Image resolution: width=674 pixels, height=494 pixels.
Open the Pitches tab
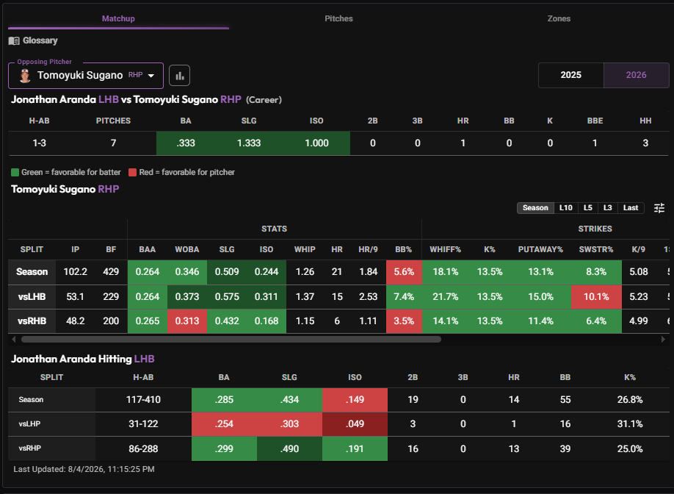coord(338,18)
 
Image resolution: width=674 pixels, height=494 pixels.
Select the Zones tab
coord(559,18)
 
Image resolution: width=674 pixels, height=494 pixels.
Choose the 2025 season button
coord(570,75)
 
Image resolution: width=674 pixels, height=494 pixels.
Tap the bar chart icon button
coord(180,76)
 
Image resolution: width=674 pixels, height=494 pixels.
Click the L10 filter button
coord(565,208)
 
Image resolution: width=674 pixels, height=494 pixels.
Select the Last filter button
coord(631,208)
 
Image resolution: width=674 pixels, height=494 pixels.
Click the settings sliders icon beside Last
coord(659,208)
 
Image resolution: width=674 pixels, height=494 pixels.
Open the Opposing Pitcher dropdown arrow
coord(151,75)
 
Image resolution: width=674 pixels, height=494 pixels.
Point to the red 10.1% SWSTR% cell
coord(596,296)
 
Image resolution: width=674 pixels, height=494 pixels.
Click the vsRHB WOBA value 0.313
coord(187,321)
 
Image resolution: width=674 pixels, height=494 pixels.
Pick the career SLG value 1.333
coord(249,143)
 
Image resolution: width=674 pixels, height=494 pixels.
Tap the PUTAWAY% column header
coord(540,250)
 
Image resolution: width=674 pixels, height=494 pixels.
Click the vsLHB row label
coord(32,296)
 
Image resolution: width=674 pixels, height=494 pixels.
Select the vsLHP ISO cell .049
coord(355,424)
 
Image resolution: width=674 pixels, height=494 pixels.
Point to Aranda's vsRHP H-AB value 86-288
coord(143,449)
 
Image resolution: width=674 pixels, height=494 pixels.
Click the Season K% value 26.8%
coord(630,399)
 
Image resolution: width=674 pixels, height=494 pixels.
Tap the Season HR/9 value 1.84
coord(369,271)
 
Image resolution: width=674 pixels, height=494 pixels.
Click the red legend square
coord(132,172)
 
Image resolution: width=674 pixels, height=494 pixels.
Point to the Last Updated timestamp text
coord(84,469)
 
